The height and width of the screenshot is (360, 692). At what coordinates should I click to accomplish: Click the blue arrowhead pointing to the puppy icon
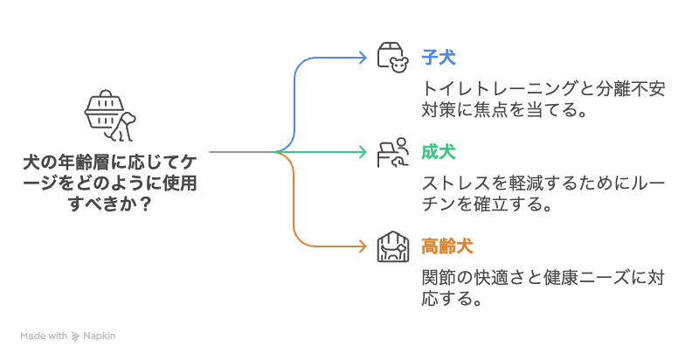(363, 58)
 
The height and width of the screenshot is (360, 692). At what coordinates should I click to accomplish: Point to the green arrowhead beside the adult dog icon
(363, 152)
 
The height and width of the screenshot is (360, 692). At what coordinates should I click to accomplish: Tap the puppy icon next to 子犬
(392, 58)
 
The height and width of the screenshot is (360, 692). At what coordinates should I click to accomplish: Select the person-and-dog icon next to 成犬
(392, 152)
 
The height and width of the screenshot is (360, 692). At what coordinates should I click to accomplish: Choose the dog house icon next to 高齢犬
(392, 246)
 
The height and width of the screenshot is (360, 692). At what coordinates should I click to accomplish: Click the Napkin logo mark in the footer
(75, 336)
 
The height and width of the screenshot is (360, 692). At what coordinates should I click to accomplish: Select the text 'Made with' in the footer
(45, 336)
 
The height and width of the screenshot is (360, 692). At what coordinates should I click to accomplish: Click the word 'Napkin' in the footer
(99, 336)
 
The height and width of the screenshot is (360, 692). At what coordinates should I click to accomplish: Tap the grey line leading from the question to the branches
(240, 152)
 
